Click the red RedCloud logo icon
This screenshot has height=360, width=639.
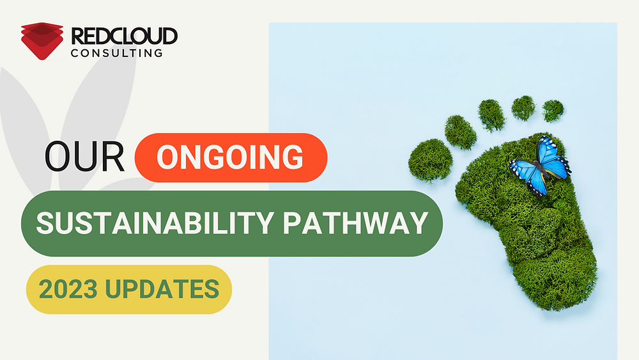[42, 40]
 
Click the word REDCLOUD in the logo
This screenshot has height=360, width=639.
[125, 36]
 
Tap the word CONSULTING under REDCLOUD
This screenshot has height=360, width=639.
[116, 52]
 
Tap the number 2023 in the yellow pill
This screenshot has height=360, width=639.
[69, 290]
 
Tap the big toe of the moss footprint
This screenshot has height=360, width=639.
[430, 160]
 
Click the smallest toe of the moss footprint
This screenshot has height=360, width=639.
[553, 110]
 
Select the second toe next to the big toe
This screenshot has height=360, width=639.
[461, 132]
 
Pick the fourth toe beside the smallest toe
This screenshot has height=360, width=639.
[523, 107]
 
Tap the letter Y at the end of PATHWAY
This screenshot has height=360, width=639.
[417, 223]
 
